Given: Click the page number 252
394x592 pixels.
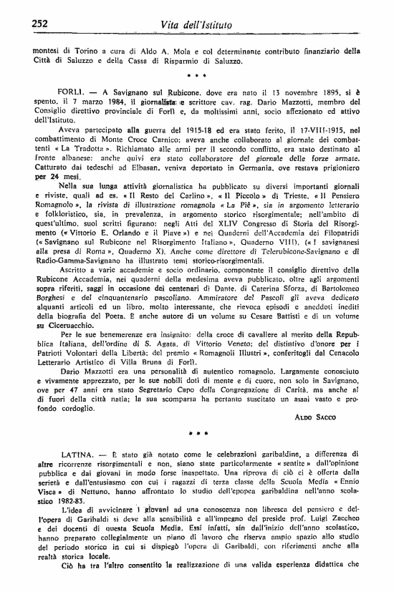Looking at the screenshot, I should coord(39,24).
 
